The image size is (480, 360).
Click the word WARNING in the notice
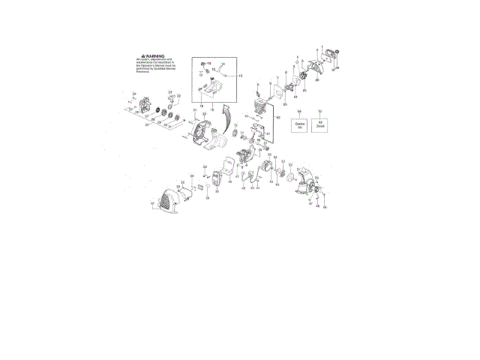[155, 55]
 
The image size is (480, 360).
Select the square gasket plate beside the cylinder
[276, 90]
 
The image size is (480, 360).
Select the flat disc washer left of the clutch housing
[286, 178]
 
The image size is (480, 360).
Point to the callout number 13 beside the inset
[240, 76]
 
